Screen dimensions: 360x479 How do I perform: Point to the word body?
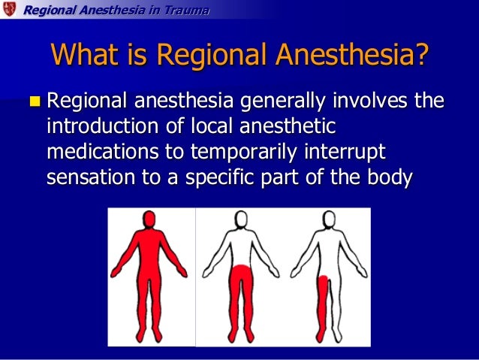pos(391,178)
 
